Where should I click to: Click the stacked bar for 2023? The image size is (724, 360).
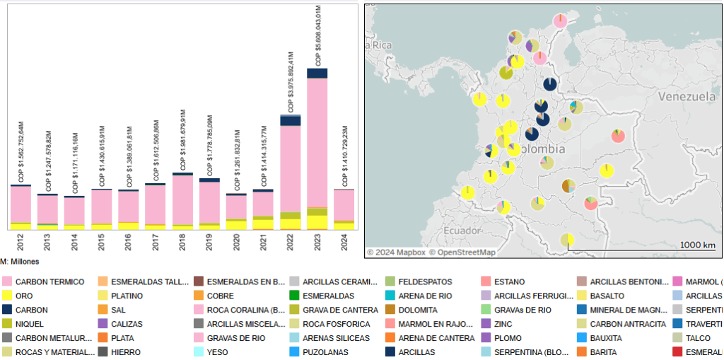(x=317, y=149)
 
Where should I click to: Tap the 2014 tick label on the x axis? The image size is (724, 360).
(x=75, y=242)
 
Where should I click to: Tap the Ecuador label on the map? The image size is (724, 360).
(x=463, y=231)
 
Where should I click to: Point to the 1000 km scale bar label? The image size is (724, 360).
(x=697, y=245)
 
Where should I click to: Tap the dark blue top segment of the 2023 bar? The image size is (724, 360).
(x=317, y=73)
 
